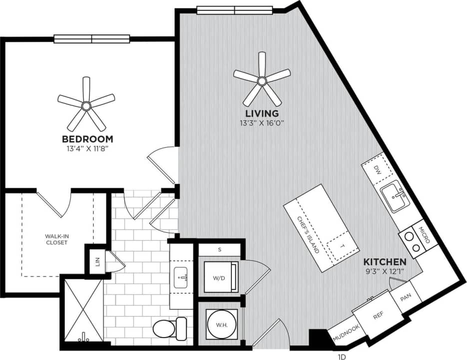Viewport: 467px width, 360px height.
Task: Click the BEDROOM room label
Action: coord(87,139)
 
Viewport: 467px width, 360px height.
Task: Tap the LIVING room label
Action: coord(262,114)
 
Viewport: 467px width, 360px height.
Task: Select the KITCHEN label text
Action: coord(384,262)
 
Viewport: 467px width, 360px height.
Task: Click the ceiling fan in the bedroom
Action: coord(86,105)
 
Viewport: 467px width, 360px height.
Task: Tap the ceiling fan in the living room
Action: coord(262,80)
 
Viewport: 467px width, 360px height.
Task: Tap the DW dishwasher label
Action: coord(379,170)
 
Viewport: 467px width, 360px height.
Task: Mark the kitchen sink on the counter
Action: coord(396,197)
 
